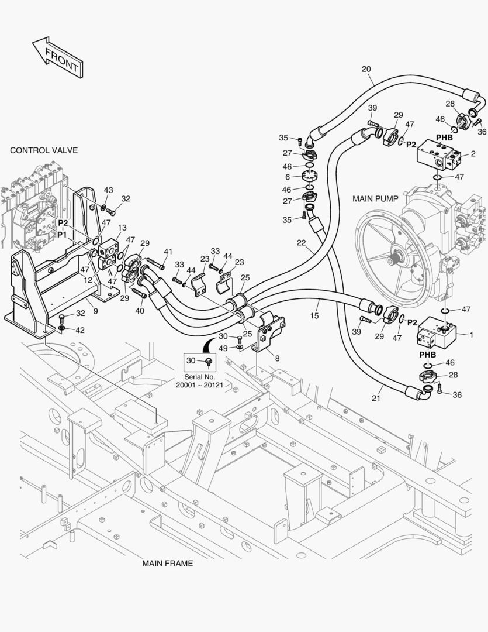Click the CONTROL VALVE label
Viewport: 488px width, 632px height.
pyautogui.click(x=44, y=150)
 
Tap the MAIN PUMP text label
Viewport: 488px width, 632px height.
pyautogui.click(x=375, y=199)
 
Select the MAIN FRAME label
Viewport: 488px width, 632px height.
pyautogui.click(x=168, y=563)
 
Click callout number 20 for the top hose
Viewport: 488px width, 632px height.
pyautogui.click(x=366, y=69)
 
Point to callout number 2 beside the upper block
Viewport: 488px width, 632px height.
pyautogui.click(x=473, y=153)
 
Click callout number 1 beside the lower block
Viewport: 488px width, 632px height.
pyautogui.click(x=472, y=335)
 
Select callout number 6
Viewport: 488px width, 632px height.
pyautogui.click(x=288, y=177)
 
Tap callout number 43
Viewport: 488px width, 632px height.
pyautogui.click(x=108, y=190)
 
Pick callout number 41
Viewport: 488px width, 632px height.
pyautogui.click(x=168, y=252)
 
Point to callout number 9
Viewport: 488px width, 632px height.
pyautogui.click(x=95, y=311)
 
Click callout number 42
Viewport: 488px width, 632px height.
pyautogui.click(x=80, y=330)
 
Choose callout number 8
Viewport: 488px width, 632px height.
pyautogui.click(x=277, y=358)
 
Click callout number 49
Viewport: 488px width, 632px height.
pyautogui.click(x=223, y=348)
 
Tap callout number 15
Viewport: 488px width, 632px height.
pyautogui.click(x=314, y=315)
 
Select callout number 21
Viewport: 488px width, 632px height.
pyautogui.click(x=376, y=399)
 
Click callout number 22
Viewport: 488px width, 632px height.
pyautogui.click(x=301, y=243)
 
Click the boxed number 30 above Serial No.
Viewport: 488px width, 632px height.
pyautogui.click(x=191, y=360)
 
